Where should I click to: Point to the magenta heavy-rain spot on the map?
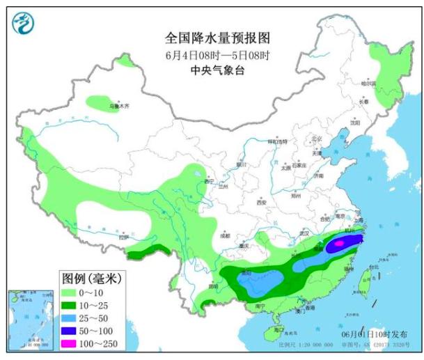click(x=338, y=244)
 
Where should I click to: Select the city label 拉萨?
click(x=123, y=237)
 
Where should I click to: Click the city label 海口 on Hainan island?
click(x=278, y=328)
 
